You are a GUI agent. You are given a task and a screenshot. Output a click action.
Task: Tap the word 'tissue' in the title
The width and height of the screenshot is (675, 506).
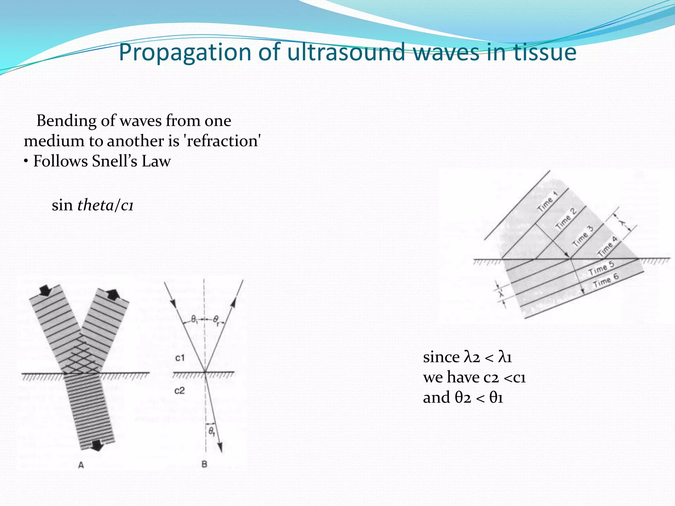coord(545,52)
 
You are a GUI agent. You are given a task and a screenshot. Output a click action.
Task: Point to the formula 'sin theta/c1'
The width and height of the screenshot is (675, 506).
coord(93,205)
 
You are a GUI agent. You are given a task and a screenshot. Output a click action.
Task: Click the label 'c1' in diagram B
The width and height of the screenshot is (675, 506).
coord(180,358)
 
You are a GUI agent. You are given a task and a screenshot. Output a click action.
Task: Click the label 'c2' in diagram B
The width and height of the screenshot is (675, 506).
coord(180,391)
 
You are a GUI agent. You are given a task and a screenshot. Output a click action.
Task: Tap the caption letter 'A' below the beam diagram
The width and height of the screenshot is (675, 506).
coord(81,465)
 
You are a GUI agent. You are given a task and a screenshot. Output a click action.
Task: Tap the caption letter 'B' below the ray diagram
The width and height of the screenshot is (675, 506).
coord(204,464)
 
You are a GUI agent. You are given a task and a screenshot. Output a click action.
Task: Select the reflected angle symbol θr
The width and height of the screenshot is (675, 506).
coord(216,319)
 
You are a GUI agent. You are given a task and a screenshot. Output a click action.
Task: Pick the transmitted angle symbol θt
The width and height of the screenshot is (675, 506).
coord(211,431)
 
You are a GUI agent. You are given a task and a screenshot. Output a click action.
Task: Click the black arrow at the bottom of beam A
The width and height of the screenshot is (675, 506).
coord(97,445)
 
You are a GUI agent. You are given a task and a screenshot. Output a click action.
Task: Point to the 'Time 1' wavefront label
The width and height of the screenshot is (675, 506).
coord(547,202)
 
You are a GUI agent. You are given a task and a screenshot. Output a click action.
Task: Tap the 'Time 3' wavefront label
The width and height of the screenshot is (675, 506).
coord(583,237)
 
